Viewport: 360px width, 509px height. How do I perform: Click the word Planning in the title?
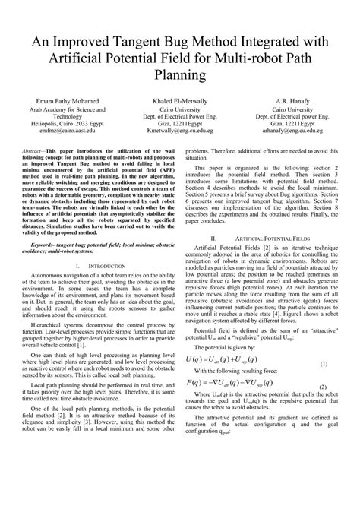pyautogui.click(x=180, y=74)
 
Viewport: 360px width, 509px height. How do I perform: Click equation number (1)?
pyautogui.click(x=322, y=428)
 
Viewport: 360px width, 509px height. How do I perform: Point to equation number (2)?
pyautogui.click(x=322, y=451)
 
